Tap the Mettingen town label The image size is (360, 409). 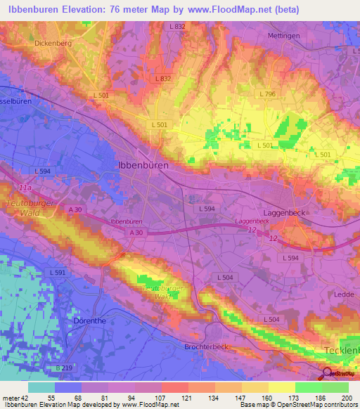284,35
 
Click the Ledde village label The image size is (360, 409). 344,294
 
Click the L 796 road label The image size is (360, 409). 267,93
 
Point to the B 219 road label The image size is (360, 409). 64,368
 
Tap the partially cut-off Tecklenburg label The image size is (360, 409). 341,350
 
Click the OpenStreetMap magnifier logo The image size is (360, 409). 328,374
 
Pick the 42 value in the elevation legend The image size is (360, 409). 25,397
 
